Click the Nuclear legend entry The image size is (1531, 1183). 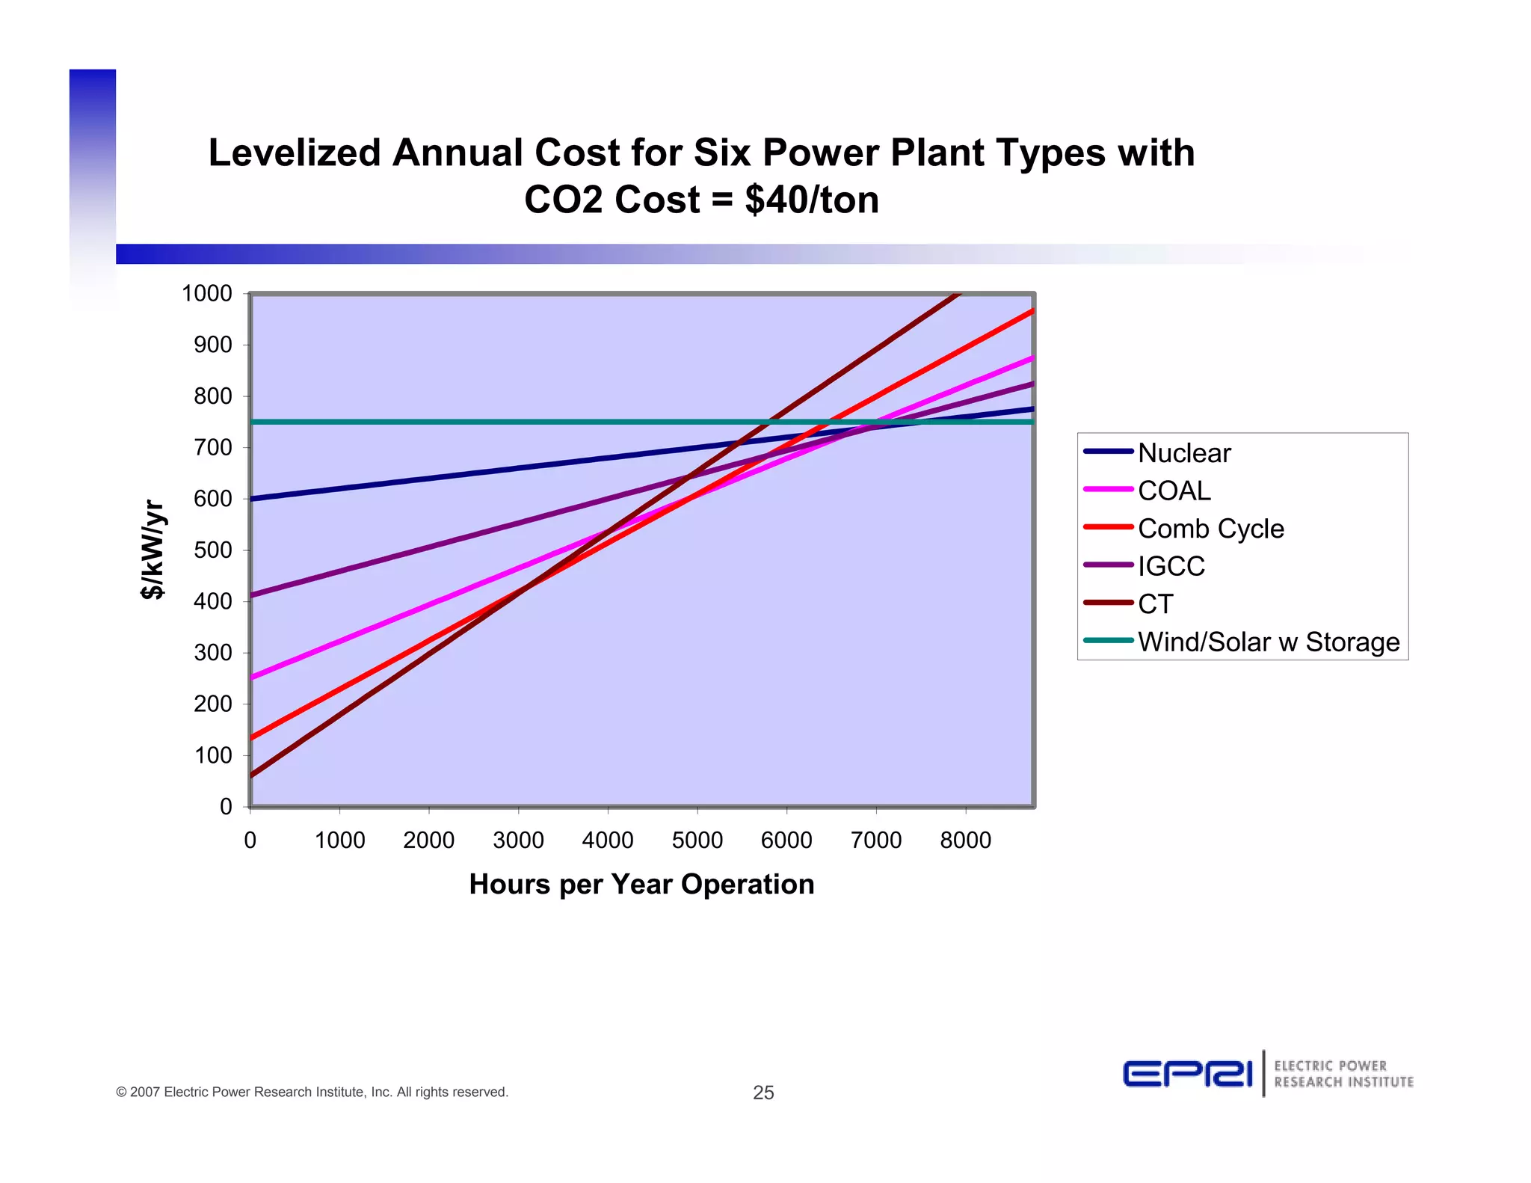1183,453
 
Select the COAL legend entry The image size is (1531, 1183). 1174,491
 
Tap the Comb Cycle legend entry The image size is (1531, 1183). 1210,529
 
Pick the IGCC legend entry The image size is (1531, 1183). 1171,566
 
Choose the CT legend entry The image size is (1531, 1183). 1155,604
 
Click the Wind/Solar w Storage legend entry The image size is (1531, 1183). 1268,642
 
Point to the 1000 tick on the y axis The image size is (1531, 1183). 207,293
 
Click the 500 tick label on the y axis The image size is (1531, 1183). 213,550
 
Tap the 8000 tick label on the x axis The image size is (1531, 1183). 965,841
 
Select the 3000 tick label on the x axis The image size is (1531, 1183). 518,841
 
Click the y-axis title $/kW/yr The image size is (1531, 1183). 153,550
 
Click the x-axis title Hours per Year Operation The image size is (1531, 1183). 641,885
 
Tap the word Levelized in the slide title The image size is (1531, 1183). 295,153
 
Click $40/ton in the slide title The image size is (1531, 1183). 812,200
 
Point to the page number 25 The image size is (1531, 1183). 763,1093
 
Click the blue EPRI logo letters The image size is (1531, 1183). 1187,1075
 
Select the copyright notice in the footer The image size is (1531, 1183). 312,1092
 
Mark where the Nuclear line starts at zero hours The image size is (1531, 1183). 251,499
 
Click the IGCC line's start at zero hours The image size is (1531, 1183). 251,596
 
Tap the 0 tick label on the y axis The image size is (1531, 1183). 226,807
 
